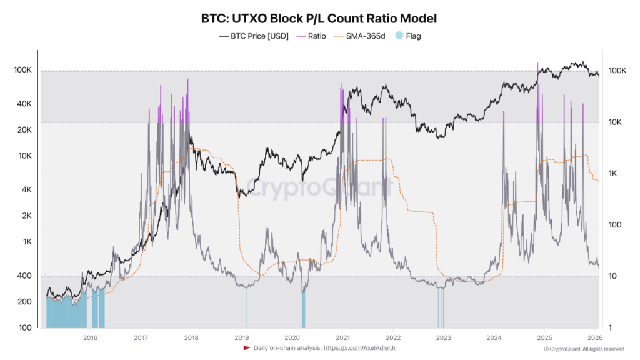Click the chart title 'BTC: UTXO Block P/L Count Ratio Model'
319,18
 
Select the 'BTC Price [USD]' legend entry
254,36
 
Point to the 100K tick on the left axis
23,70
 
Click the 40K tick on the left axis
24,104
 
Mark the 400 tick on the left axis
24,276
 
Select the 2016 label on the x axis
90,338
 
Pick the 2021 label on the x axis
342,338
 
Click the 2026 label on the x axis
594,338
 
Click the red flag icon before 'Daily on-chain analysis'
247,348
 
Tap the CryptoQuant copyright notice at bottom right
584,349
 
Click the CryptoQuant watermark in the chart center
319,186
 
